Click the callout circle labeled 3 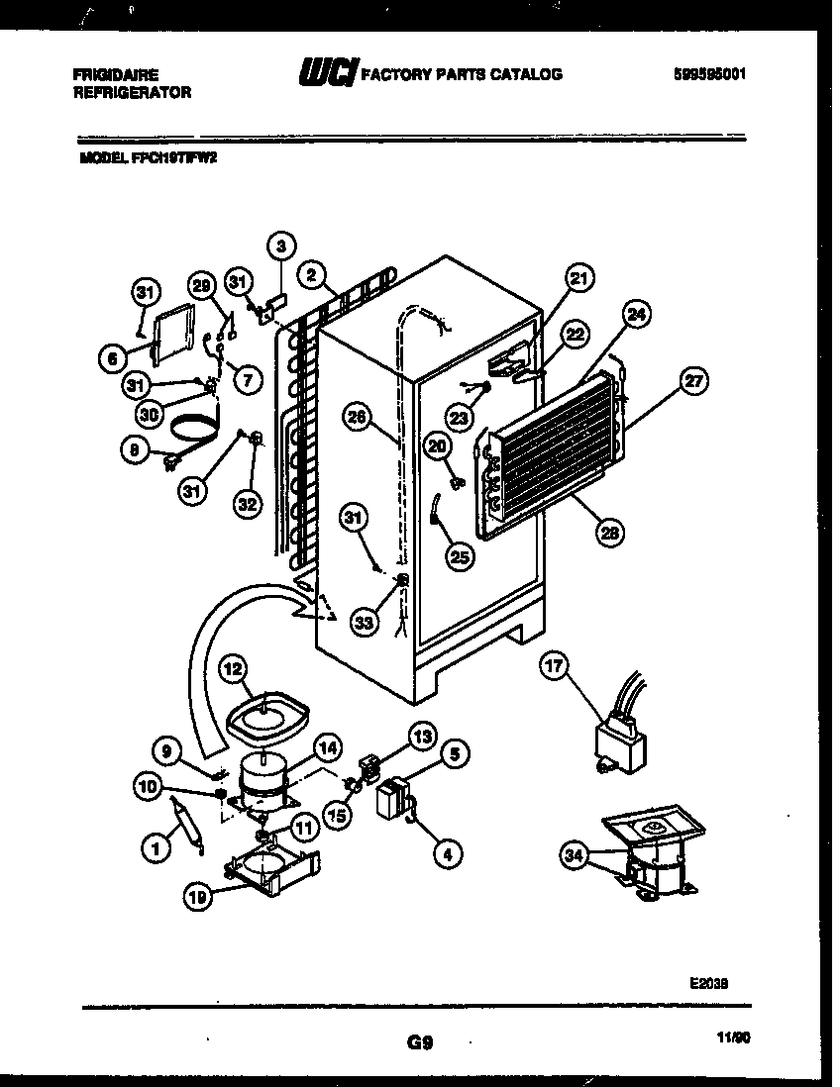(x=281, y=246)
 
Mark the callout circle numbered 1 (x=154, y=847)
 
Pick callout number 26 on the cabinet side (x=358, y=418)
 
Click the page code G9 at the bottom (x=419, y=1041)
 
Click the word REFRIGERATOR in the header (x=133, y=91)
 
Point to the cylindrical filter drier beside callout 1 (x=187, y=821)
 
